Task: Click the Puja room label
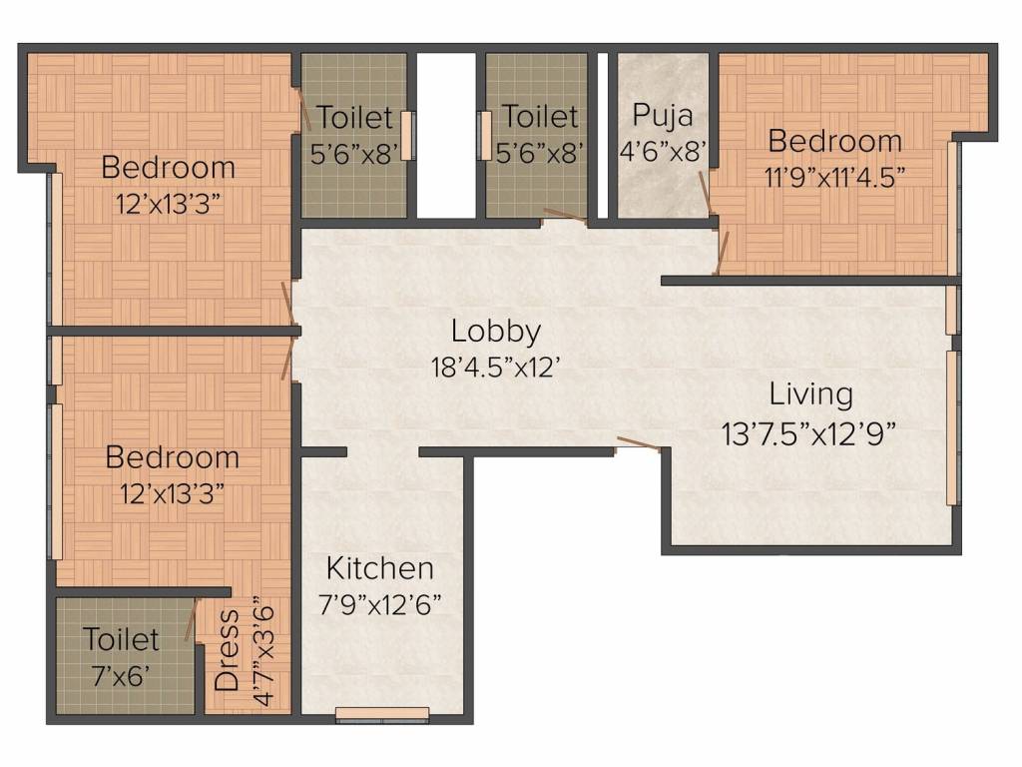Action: (663, 115)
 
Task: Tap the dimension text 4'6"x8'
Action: (663, 150)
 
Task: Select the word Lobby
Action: (496, 331)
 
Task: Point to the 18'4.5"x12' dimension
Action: (496, 367)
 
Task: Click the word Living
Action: (810, 393)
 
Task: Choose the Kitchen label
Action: (380, 568)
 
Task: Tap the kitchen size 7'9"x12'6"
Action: (380, 604)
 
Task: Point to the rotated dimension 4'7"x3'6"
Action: (263, 650)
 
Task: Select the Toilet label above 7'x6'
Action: (121, 638)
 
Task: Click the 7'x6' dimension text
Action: (121, 674)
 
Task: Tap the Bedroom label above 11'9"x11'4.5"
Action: (835, 141)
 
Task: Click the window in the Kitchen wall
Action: (383, 713)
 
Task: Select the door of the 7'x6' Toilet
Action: (190, 620)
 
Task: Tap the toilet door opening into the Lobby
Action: (564, 215)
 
